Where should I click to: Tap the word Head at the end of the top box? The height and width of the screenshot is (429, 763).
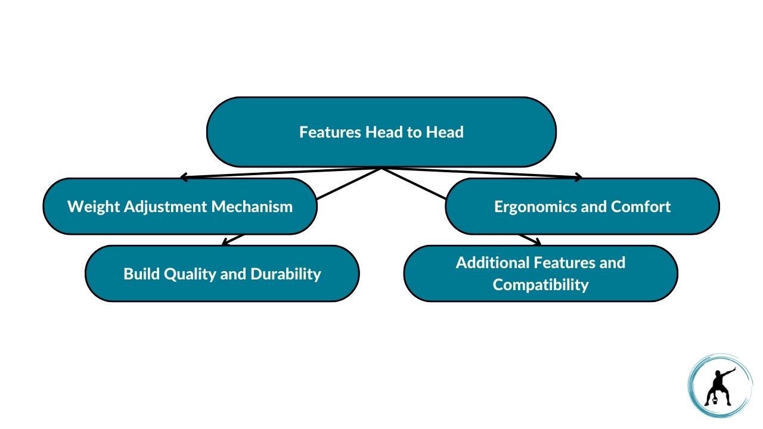445,132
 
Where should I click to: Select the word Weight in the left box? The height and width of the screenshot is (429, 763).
88,207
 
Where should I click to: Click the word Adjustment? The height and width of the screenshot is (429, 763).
158,207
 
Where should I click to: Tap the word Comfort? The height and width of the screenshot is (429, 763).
643,207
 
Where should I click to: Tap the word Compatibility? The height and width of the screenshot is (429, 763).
541,285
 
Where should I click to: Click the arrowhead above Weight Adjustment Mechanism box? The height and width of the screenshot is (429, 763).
184,177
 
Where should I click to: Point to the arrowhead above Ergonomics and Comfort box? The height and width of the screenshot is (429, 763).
578,177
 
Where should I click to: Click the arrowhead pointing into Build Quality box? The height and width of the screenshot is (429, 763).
225,242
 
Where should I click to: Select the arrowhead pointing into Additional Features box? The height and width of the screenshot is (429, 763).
537,242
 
